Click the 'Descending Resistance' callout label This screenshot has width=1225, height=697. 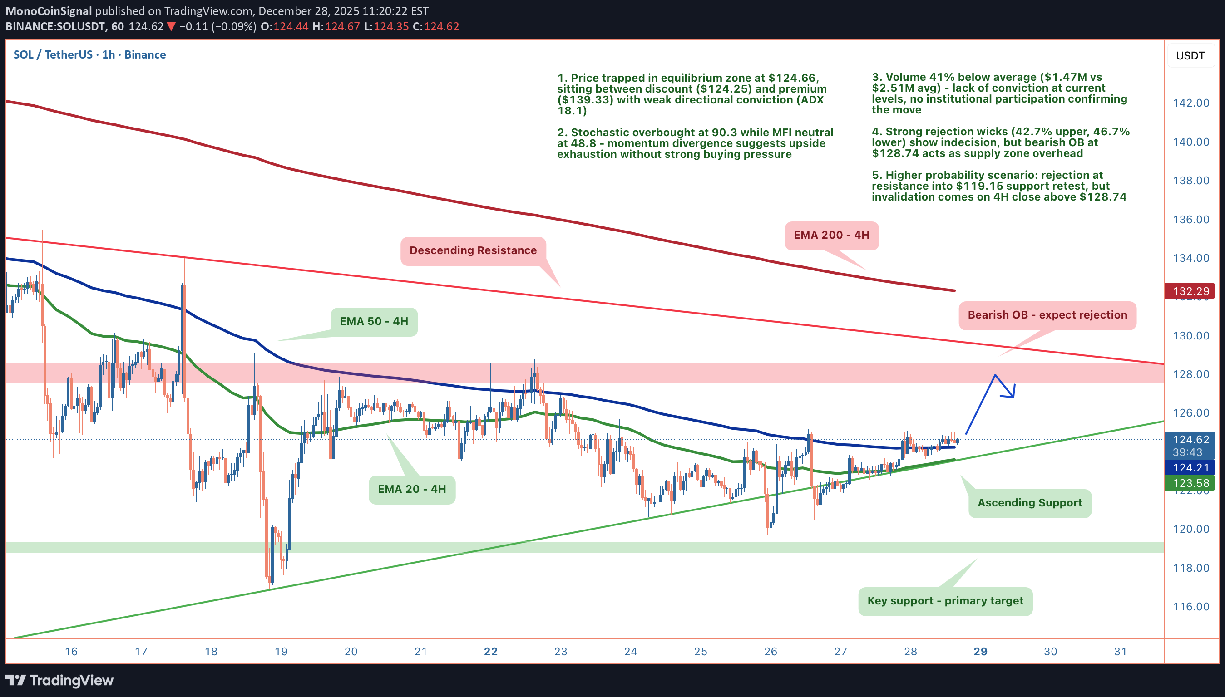click(473, 250)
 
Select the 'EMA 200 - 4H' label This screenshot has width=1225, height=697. click(831, 235)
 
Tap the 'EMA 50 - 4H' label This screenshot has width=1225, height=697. click(374, 321)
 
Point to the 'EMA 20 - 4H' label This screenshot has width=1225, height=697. click(411, 489)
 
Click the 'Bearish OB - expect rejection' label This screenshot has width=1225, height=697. click(1047, 315)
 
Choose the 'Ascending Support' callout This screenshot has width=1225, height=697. click(1030, 503)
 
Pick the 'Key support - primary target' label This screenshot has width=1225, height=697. click(945, 601)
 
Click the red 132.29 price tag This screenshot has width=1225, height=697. click(1190, 291)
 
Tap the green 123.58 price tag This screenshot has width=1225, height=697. click(1190, 483)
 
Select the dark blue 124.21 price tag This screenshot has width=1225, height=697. click(1190, 468)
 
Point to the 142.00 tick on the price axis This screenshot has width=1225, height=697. click(1190, 103)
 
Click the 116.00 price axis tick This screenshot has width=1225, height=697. click(1190, 607)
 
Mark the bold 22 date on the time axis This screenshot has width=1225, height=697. click(490, 652)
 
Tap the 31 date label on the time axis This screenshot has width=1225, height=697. click(1120, 652)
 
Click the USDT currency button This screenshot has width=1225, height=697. click(1190, 55)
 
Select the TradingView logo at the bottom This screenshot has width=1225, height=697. click(60, 680)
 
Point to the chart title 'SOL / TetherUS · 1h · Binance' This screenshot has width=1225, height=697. click(89, 54)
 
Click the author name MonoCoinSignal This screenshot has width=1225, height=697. click(49, 11)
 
